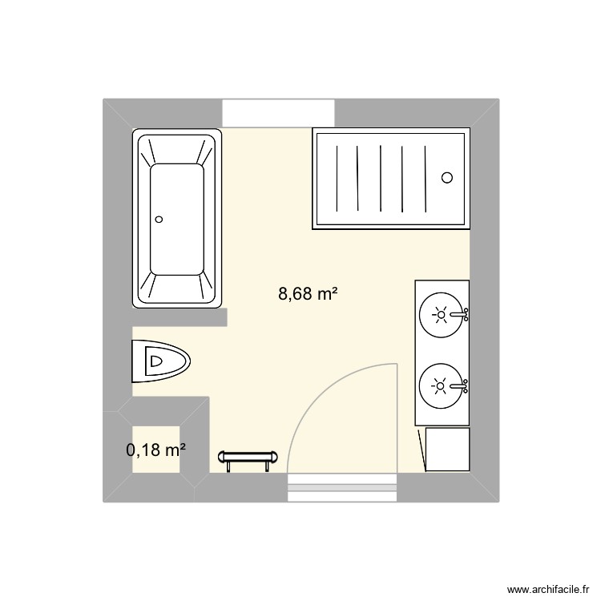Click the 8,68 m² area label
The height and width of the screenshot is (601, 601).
(307, 294)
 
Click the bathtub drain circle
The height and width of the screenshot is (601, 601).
(159, 219)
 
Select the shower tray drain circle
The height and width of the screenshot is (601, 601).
(447, 178)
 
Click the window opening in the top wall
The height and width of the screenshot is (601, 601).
(277, 112)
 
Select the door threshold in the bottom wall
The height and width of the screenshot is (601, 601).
(342, 487)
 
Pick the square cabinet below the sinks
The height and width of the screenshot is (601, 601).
(446, 450)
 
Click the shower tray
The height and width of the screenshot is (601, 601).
(389, 178)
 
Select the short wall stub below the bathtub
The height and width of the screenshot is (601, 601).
(180, 317)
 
